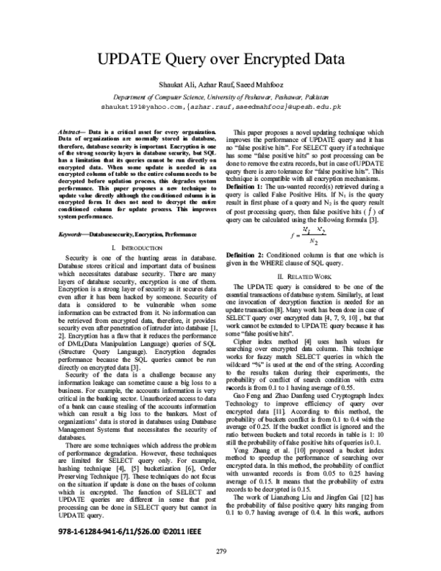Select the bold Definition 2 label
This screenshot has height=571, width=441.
pos(248,254)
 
